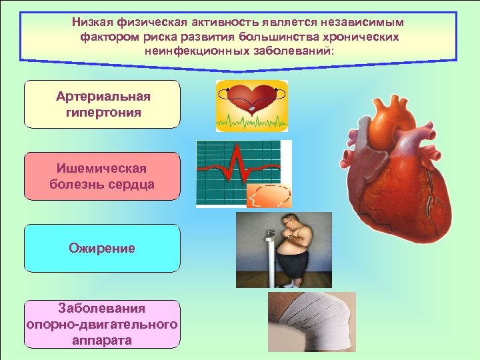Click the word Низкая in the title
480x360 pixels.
pyautogui.click(x=93, y=22)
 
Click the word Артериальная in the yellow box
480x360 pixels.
pyautogui.click(x=103, y=97)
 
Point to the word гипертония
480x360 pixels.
pyautogui.click(x=103, y=112)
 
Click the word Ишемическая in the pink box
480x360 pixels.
pyautogui.click(x=102, y=169)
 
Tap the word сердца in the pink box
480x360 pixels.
pyautogui.click(x=132, y=184)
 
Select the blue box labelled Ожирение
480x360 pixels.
pyautogui.click(x=102, y=248)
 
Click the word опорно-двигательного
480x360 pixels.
pyautogui.click(x=102, y=325)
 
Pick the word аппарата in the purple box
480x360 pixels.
pyautogui.click(x=102, y=340)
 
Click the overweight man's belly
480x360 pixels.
pyautogui.click(x=291, y=247)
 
